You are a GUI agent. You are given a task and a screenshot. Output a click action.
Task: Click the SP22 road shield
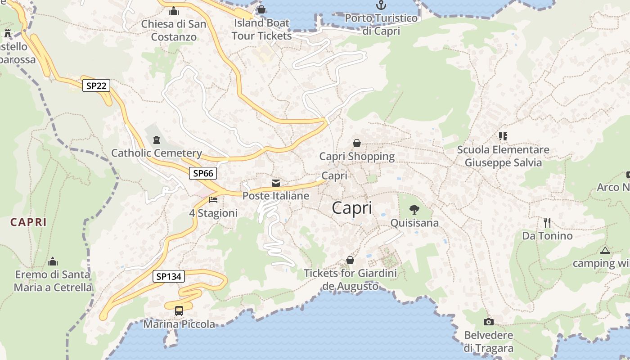(96, 85)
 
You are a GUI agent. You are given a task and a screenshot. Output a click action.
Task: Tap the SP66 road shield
(202, 173)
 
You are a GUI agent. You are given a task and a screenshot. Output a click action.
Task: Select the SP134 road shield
(169, 276)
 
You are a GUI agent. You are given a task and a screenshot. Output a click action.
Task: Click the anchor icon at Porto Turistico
(381, 5)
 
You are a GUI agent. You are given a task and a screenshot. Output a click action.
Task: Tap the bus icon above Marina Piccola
(179, 310)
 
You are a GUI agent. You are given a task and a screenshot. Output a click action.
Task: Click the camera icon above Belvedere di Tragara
(488, 322)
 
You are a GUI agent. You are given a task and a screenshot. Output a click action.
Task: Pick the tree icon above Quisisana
(414, 209)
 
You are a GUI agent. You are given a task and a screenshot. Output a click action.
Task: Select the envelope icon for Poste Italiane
(276, 183)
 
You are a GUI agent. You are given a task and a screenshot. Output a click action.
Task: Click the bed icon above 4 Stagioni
(213, 199)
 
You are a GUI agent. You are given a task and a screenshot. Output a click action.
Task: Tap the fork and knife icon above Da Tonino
(547, 222)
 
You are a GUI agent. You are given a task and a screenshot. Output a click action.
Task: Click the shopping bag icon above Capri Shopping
(357, 143)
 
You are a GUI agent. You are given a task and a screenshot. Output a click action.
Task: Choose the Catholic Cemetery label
(156, 153)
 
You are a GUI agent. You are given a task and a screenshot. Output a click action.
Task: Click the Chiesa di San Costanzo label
(174, 30)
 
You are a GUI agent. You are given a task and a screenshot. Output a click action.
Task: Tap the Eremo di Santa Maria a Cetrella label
(53, 281)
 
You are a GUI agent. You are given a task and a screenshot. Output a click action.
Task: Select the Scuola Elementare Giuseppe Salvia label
(503, 156)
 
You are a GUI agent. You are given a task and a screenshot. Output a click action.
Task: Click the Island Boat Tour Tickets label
(261, 29)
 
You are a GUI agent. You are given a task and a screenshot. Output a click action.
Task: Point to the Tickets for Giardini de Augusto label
(350, 279)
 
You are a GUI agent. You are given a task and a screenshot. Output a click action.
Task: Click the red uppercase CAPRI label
(28, 222)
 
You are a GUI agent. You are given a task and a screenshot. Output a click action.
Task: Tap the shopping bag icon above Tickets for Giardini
(350, 260)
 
